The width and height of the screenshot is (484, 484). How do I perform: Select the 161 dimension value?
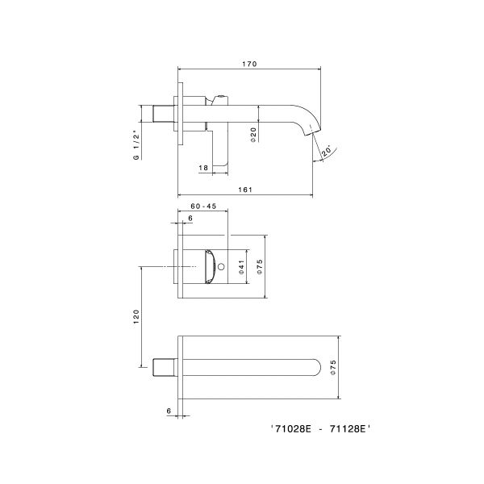click(246, 190)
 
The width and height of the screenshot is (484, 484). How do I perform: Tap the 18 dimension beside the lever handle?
click(203, 167)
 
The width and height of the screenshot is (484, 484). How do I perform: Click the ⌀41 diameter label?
click(242, 269)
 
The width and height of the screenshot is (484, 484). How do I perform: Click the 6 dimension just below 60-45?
click(190, 219)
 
